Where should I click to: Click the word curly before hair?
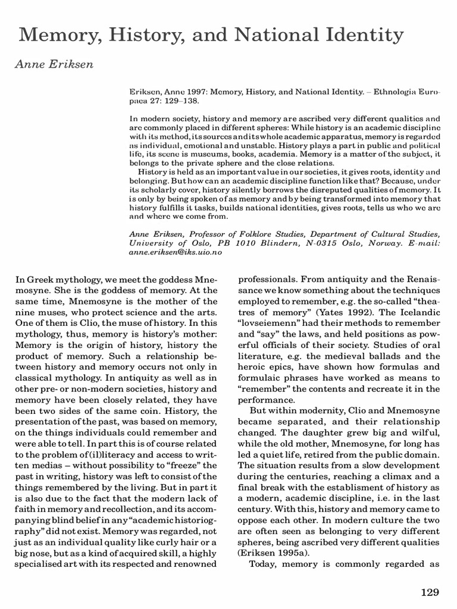(x=153, y=526)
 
